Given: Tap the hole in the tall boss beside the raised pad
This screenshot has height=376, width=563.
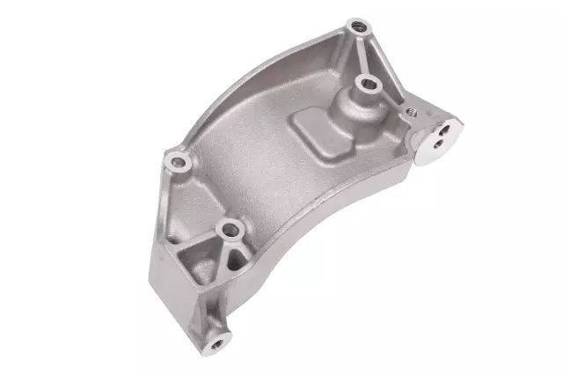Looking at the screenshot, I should point(367,85).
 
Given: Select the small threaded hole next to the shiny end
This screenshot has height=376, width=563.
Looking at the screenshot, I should point(409,113).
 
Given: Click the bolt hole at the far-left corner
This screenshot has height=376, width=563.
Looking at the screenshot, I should point(179,161).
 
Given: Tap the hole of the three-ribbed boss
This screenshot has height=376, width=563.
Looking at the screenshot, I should point(232,230).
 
